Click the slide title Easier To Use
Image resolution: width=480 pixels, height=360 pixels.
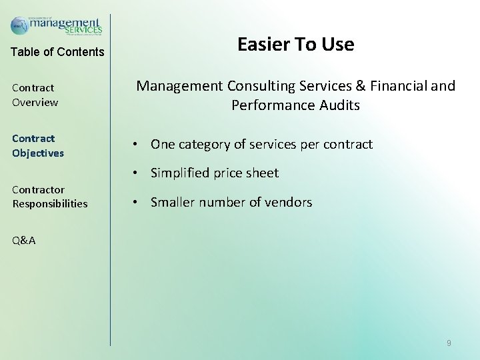coord(295,45)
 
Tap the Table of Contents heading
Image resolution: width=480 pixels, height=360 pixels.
coord(57,52)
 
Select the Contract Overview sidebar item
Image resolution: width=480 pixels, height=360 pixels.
coord(35,95)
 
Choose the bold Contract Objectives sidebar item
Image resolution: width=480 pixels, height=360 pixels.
coord(38,145)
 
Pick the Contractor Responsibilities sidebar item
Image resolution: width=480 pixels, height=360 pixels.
coord(49,197)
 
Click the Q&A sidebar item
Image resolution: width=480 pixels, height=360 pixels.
coord(24,241)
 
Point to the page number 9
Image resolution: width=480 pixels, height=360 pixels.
coord(449,343)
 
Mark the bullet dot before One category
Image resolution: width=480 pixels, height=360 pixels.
coord(135,145)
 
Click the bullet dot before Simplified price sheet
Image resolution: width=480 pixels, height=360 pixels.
coord(135,173)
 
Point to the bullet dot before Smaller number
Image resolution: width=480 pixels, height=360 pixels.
coord(135,203)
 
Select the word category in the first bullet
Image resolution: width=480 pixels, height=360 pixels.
coord(208,145)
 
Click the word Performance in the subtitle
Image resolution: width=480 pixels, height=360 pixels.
coord(272,105)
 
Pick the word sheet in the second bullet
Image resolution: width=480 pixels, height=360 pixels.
coord(261,173)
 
